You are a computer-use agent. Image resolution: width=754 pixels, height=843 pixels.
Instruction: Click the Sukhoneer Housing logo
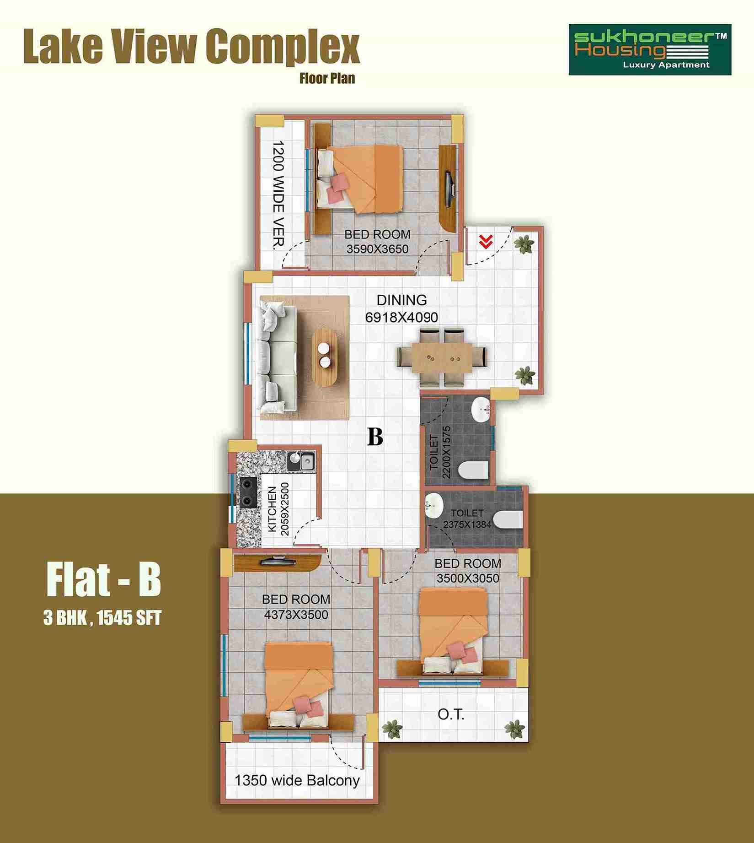(650, 50)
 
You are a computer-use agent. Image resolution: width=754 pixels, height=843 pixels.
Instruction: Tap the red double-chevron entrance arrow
(486, 241)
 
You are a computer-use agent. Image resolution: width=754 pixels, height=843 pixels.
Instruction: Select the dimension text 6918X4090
(401, 317)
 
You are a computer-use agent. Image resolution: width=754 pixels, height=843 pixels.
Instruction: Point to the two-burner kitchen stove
(247, 492)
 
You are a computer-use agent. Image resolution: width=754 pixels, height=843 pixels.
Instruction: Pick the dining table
(442, 357)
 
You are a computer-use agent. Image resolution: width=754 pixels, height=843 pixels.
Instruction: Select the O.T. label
(451, 714)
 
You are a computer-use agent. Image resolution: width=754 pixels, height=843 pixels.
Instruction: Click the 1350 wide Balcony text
(297, 780)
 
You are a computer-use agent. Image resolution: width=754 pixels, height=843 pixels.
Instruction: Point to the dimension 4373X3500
(296, 615)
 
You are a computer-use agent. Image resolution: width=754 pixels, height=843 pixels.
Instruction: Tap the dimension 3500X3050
(468, 578)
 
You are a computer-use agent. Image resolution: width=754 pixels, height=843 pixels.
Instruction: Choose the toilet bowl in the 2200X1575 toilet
(473, 470)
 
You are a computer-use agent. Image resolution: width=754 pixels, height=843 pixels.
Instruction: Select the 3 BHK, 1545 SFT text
(102, 618)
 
